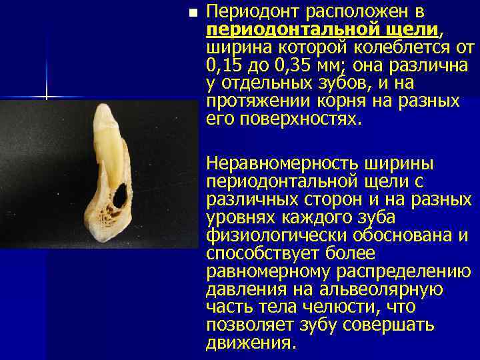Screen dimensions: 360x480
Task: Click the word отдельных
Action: pyautogui.click(x=267, y=83)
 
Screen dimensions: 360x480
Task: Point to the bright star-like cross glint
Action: pyautogui.click(x=47, y=97)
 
